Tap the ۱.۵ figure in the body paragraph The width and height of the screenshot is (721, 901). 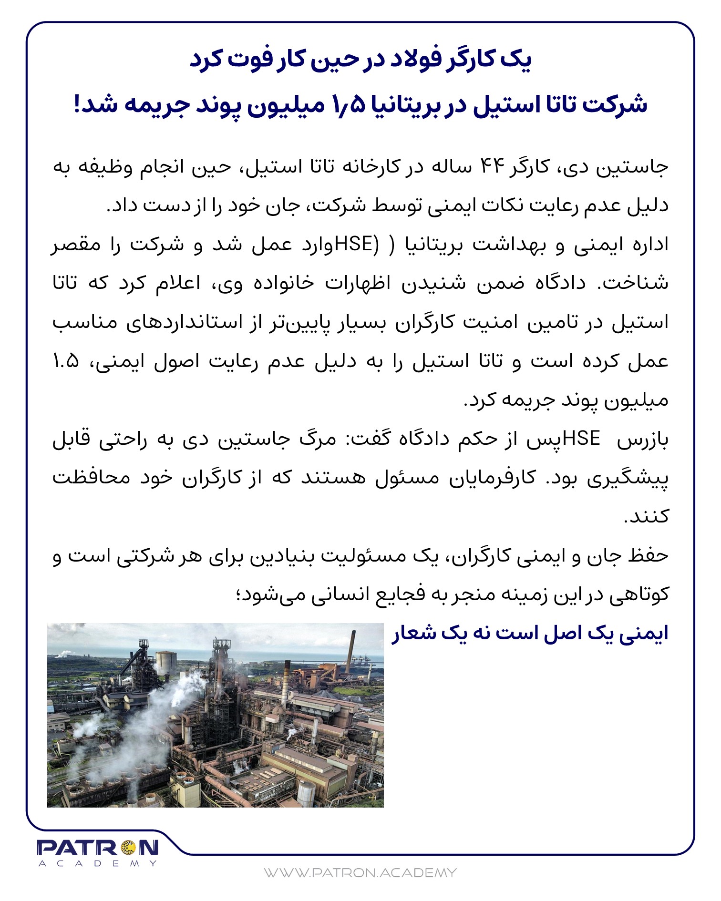[x=66, y=361]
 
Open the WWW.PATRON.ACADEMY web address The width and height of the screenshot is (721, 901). [x=360, y=873]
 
